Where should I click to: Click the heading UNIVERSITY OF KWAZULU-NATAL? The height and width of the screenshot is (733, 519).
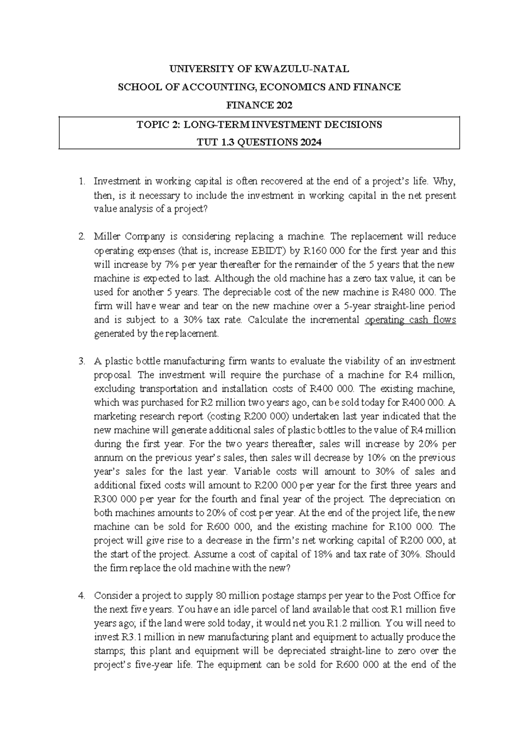click(x=259, y=69)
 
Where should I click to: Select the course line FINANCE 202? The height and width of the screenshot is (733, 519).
click(x=259, y=105)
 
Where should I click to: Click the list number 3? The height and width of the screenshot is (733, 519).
click(x=82, y=361)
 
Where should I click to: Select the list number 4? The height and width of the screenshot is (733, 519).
click(x=82, y=596)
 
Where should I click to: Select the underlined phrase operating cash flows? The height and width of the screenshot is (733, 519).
click(x=410, y=320)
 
